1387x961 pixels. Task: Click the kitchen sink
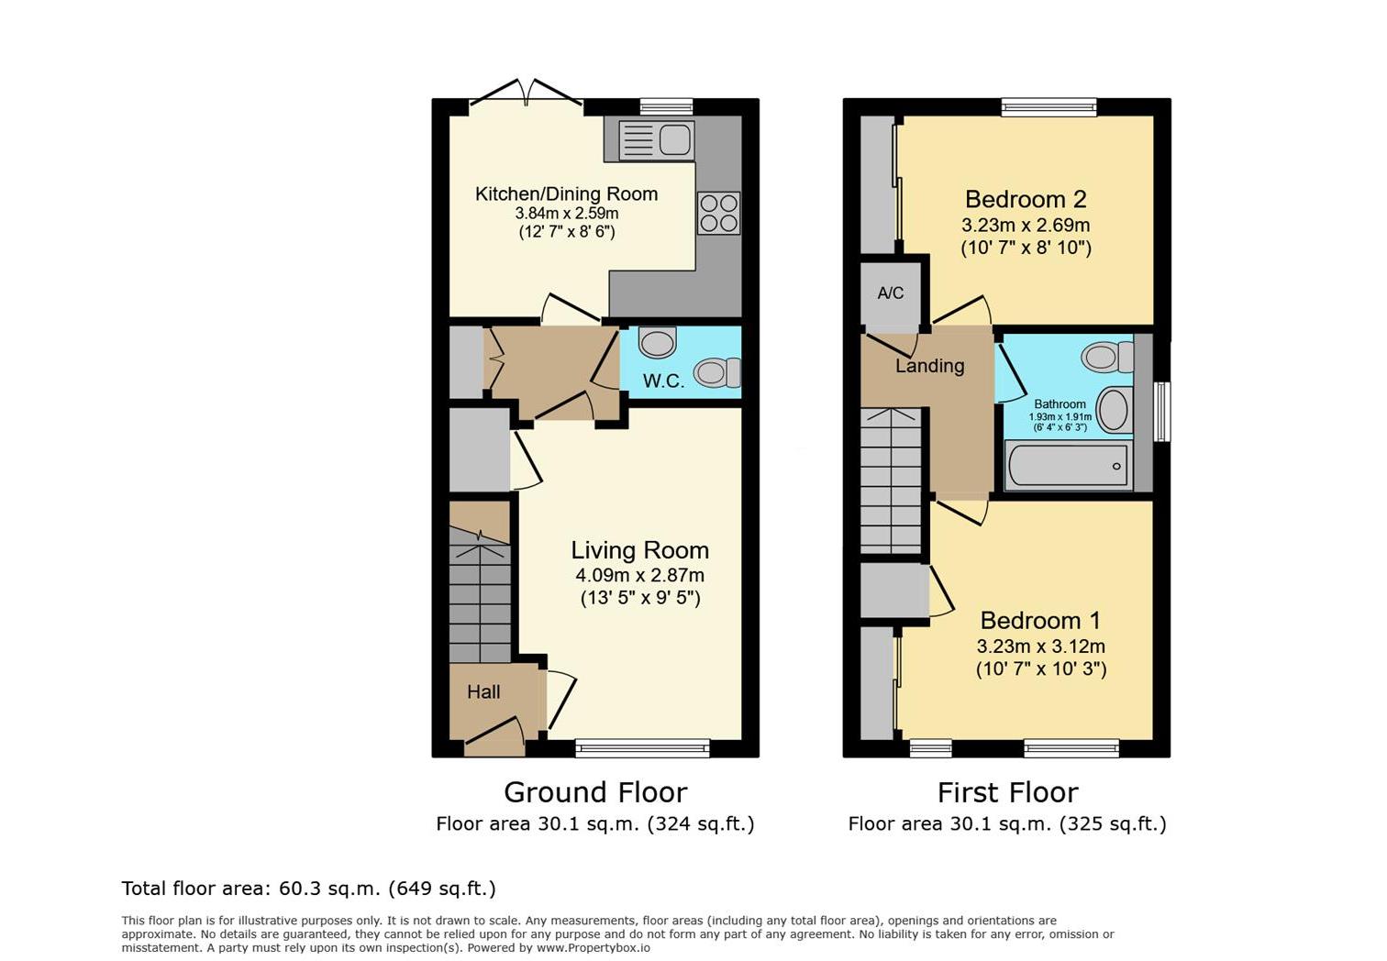pyautogui.click(x=656, y=139)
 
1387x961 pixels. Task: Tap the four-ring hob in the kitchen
pyautogui.click(x=718, y=213)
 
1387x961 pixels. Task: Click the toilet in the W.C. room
pyautogui.click(x=716, y=372)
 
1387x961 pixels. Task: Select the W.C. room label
pyautogui.click(x=663, y=381)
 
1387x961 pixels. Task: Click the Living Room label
pyautogui.click(x=639, y=550)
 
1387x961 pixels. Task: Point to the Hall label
pyautogui.click(x=483, y=692)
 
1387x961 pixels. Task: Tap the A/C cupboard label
pyautogui.click(x=890, y=293)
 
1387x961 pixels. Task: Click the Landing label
pyautogui.click(x=929, y=366)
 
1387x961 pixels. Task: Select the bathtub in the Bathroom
pyautogui.click(x=1069, y=465)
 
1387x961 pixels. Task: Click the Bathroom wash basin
pyautogui.click(x=1113, y=409)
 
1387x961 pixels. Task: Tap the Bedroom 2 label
pyautogui.click(x=1026, y=199)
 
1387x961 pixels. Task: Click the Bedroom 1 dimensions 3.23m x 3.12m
pyautogui.click(x=1040, y=646)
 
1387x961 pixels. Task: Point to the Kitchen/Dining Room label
pyautogui.click(x=566, y=194)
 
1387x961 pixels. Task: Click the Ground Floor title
pyautogui.click(x=595, y=792)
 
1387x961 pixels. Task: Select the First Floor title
pyautogui.click(x=1007, y=792)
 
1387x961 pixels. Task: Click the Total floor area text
pyautogui.click(x=308, y=889)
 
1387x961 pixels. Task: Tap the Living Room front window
pyautogui.click(x=642, y=748)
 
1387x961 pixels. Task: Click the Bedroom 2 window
pyautogui.click(x=1049, y=107)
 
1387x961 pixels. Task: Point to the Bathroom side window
pyautogui.click(x=1161, y=412)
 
